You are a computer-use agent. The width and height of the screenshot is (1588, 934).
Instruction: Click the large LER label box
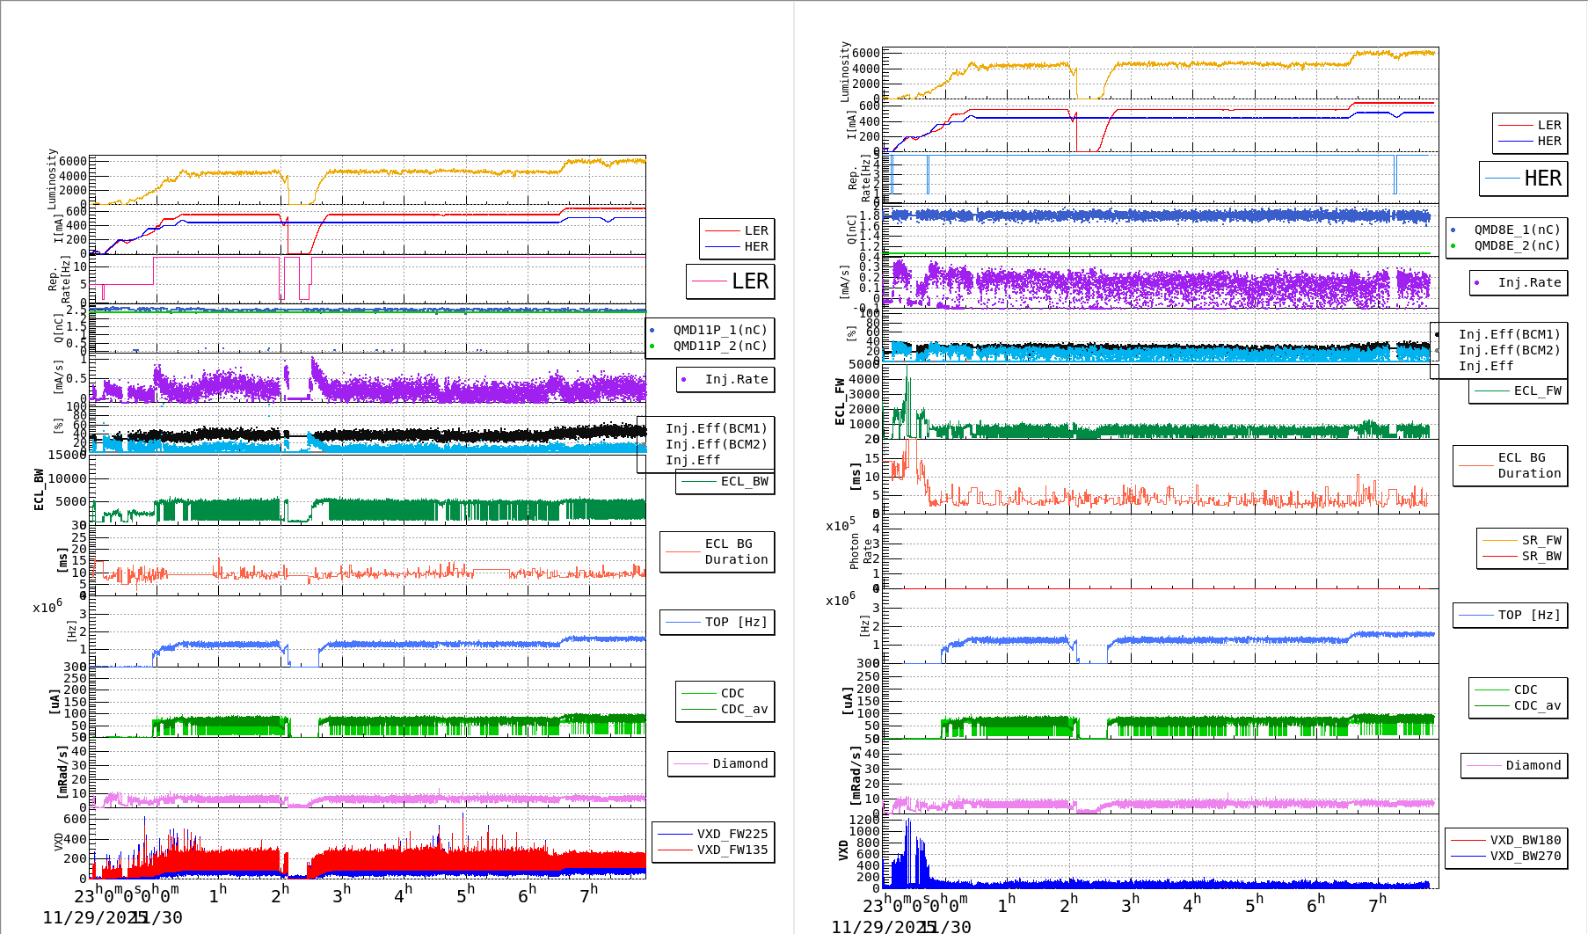(731, 281)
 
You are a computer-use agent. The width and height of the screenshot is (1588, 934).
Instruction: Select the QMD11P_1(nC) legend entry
(719, 330)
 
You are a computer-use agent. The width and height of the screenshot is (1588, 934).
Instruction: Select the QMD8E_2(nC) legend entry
(1517, 245)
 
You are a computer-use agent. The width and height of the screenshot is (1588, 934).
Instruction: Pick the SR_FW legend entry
(1541, 540)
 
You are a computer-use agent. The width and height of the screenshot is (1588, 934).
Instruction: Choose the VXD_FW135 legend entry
(732, 850)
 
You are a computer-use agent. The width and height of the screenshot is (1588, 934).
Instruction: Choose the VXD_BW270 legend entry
(1525, 856)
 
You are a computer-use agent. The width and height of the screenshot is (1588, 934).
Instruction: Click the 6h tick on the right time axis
(1315, 903)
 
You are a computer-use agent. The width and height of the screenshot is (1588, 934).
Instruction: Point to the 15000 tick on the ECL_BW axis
(67, 455)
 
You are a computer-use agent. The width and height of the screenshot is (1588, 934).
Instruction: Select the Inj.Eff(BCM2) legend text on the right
(1509, 350)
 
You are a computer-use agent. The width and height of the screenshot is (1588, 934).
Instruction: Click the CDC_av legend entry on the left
(744, 709)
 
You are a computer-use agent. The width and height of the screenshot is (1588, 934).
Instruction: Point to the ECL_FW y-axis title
(840, 402)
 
